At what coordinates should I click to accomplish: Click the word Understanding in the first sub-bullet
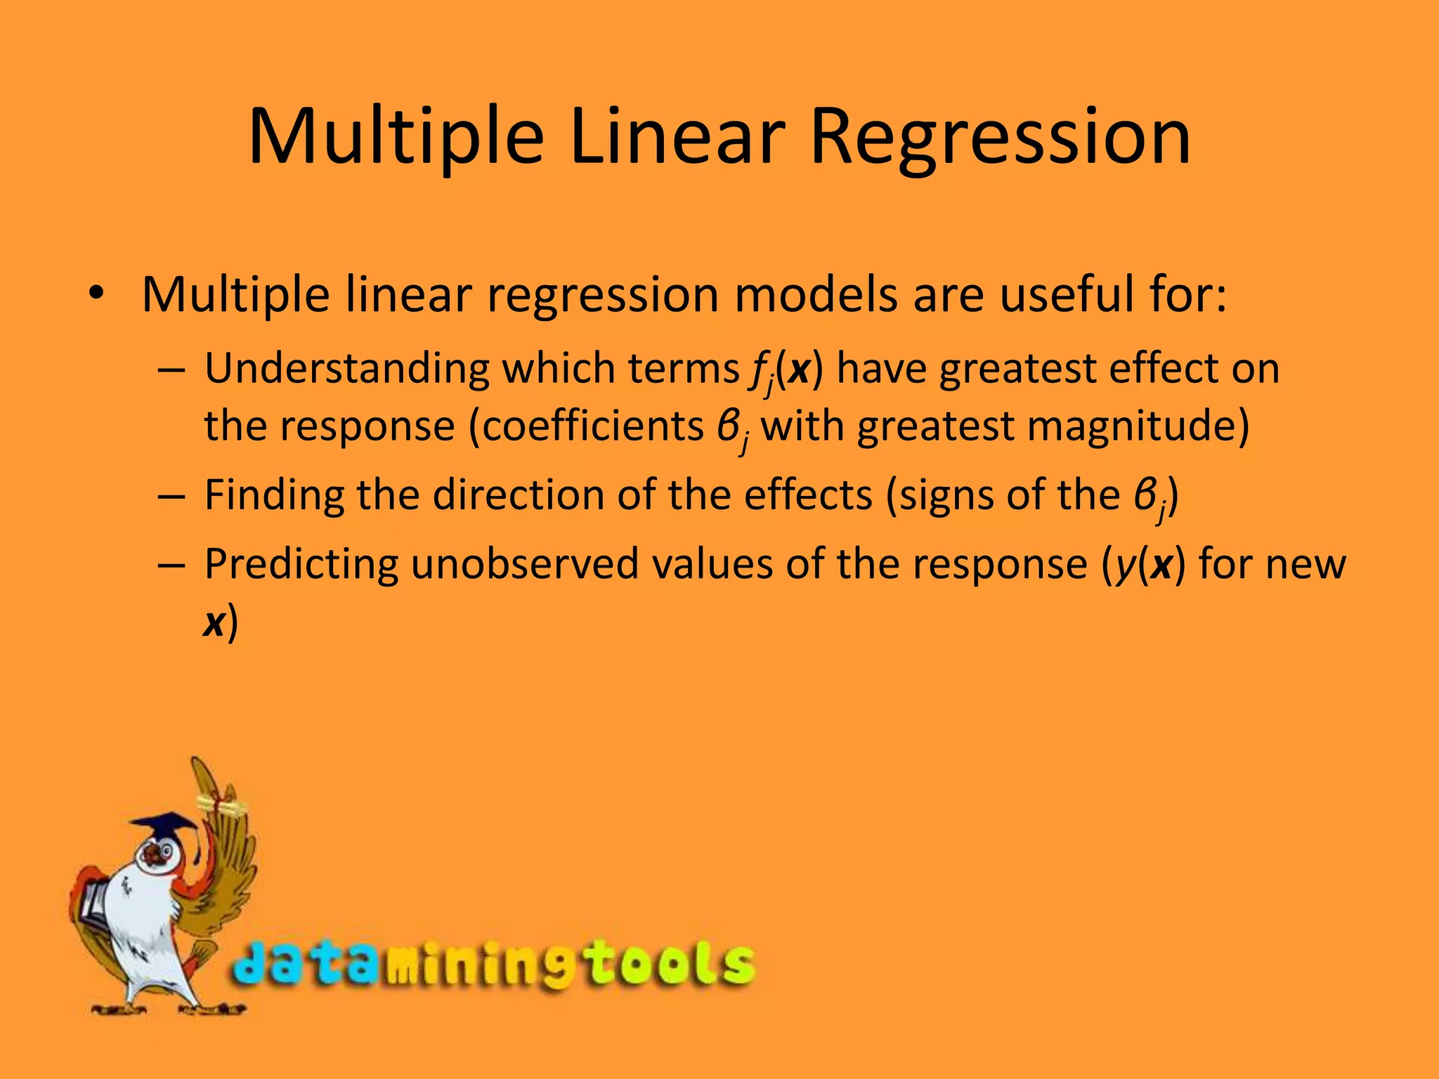(x=346, y=368)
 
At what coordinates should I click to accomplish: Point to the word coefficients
(x=593, y=426)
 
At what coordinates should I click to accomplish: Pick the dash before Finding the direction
(x=171, y=496)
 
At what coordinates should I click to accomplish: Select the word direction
(x=519, y=495)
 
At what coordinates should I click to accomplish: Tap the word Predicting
(x=301, y=564)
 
